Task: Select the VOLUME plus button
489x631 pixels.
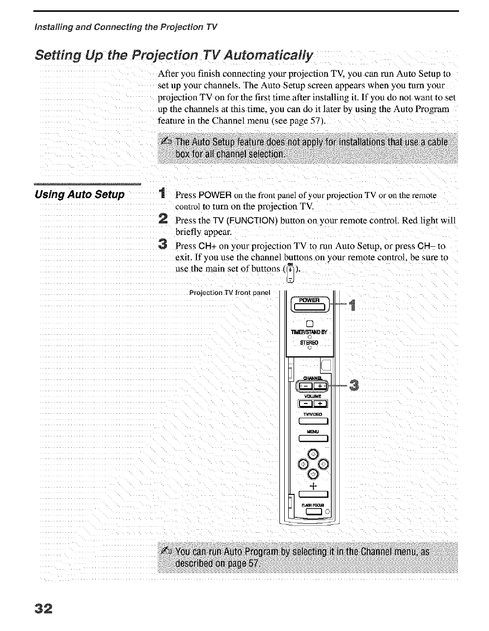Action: click(320, 404)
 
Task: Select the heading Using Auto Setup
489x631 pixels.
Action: click(80, 195)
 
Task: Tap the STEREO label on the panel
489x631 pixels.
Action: click(309, 343)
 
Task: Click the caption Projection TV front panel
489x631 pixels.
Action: click(230, 293)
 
